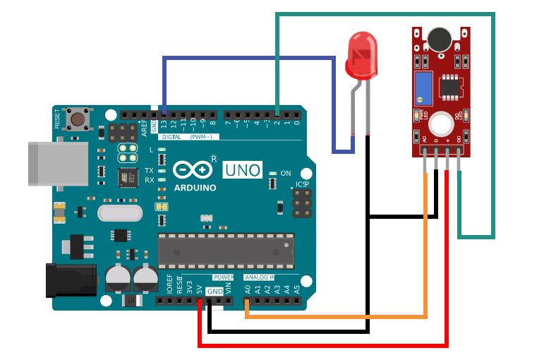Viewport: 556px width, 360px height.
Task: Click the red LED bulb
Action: [x=361, y=56]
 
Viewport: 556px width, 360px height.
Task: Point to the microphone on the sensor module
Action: [x=439, y=40]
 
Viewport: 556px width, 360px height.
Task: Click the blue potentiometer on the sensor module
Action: [x=423, y=88]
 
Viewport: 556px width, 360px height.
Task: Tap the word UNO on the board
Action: [x=243, y=169]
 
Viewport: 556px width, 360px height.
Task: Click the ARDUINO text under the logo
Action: [x=194, y=188]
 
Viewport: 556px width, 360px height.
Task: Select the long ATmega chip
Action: [x=226, y=251]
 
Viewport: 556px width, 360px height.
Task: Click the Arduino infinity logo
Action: [x=193, y=170]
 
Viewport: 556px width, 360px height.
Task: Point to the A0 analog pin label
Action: [x=248, y=289]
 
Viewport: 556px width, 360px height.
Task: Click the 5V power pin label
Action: [x=200, y=289]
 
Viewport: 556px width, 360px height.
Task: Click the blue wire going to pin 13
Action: [x=247, y=59]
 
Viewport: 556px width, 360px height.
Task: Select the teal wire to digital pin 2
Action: [x=385, y=14]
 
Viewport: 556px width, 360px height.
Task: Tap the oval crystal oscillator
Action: [x=121, y=212]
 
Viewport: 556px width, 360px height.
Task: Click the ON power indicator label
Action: [x=285, y=173]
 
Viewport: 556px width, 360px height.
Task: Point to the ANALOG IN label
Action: [x=259, y=277]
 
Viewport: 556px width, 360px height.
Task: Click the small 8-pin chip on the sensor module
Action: [x=449, y=87]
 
